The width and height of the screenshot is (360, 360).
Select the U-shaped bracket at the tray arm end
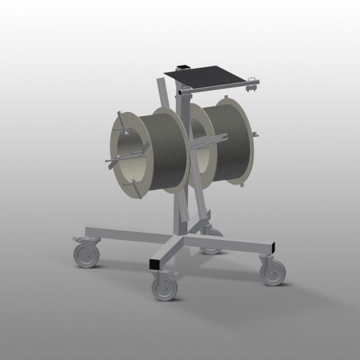click(251, 83)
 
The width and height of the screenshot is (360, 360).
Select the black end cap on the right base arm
click(271, 249)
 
